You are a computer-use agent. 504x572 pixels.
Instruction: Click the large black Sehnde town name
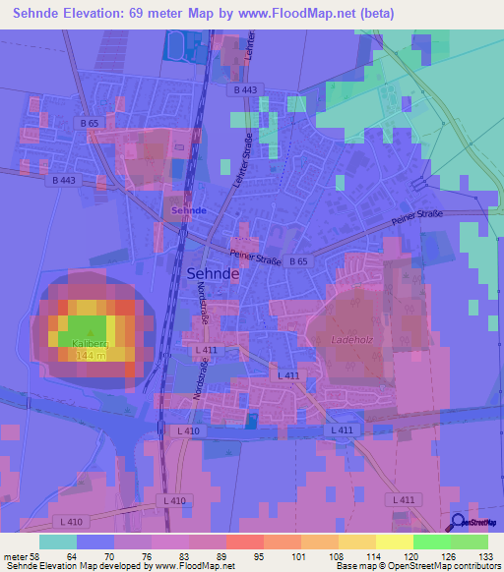click(x=212, y=276)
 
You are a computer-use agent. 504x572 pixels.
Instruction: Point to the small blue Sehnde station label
click(x=188, y=211)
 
